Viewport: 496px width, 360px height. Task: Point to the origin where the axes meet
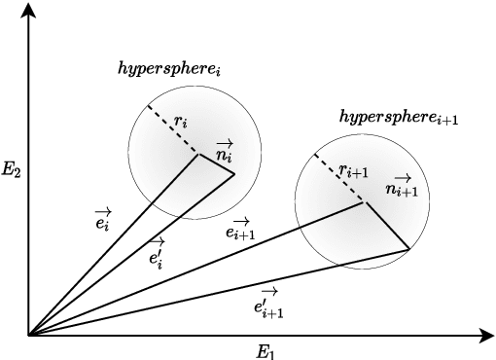[x=28, y=335]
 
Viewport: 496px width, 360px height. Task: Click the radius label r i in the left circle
[x=181, y=123]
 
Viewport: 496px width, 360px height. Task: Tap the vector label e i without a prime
[x=101, y=218]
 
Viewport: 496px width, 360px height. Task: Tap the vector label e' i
[x=156, y=255]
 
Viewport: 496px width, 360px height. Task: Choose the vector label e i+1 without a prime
[x=240, y=229]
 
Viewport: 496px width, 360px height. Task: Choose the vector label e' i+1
[x=267, y=304]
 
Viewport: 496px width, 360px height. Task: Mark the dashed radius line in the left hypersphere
[x=173, y=129]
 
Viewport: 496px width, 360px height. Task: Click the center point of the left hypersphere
[x=199, y=154]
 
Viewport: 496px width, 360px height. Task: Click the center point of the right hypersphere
[x=364, y=202]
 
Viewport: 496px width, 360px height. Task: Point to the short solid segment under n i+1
[x=386, y=227]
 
